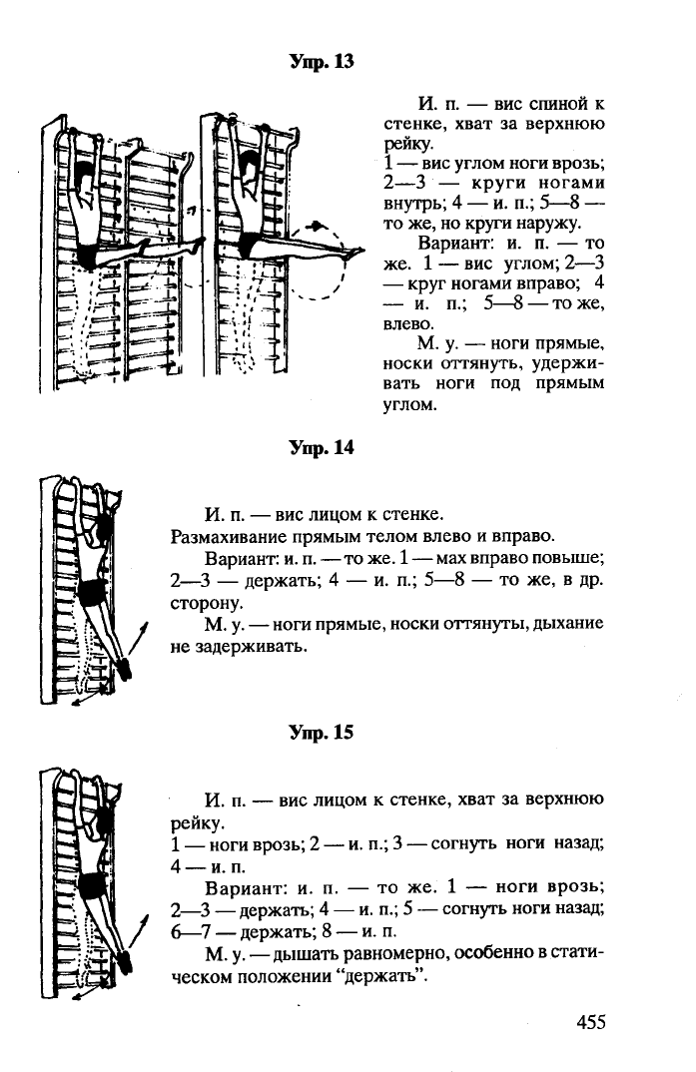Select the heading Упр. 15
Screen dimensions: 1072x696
(321, 733)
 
